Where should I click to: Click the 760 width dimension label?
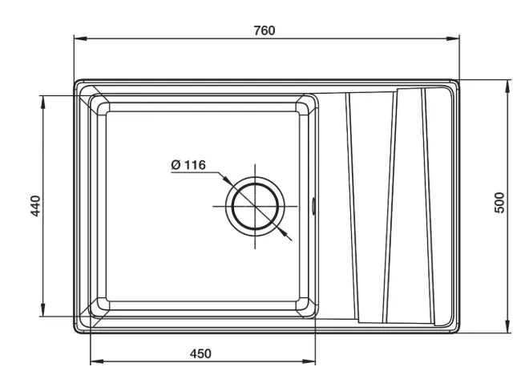[x=264, y=30]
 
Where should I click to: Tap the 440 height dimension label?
[x=35, y=206]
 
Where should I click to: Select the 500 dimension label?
[x=499, y=202]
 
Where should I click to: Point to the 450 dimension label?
[x=200, y=353]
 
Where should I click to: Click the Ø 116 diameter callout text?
[x=188, y=165]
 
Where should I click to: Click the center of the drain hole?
[x=255, y=206]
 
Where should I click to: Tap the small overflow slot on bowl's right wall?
[x=313, y=206]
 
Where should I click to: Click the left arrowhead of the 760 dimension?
[x=80, y=38]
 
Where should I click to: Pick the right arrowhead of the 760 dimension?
[x=453, y=38]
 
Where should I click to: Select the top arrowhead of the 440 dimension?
[x=42, y=102]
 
